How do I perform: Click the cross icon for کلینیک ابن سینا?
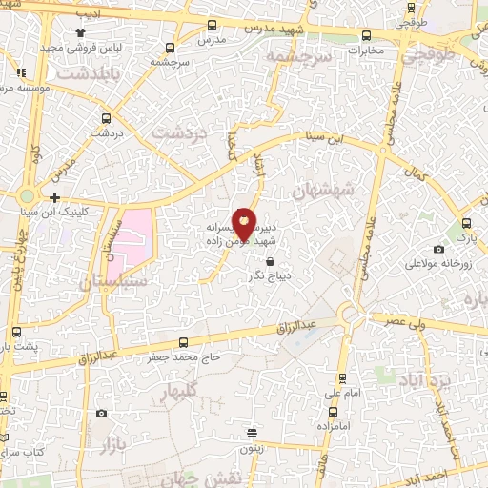(54, 198)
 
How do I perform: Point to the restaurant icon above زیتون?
(252, 431)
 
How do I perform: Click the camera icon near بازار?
(102, 414)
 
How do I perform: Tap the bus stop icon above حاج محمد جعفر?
(184, 342)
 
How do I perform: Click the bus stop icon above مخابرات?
(367, 35)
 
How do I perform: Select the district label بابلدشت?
(89, 71)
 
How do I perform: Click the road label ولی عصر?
(405, 323)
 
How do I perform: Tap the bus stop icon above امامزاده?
(333, 412)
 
